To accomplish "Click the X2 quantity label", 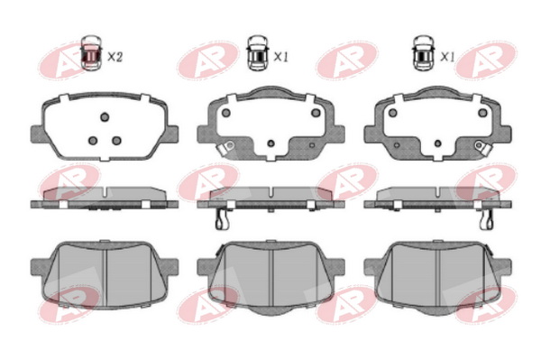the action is (x=115, y=57).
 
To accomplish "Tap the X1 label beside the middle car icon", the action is (x=280, y=57).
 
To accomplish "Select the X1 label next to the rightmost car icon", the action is (x=447, y=57).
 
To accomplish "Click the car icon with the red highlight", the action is (x=91, y=53).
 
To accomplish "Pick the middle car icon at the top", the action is (x=258, y=53).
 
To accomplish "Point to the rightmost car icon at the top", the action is (x=424, y=53).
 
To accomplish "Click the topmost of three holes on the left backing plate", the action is (x=105, y=117).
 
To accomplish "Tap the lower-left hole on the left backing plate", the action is (x=93, y=141).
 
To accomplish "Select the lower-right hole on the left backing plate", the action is (x=116, y=141).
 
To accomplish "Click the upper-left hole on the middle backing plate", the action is (x=226, y=113).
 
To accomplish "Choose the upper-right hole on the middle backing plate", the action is (x=316, y=113).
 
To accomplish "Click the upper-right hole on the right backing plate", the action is (x=482, y=113).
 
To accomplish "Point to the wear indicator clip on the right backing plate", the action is (x=482, y=147).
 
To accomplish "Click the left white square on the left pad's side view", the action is (x=63, y=205).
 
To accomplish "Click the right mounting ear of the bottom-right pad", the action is (x=504, y=267).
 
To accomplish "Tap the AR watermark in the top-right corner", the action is (x=486, y=60).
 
